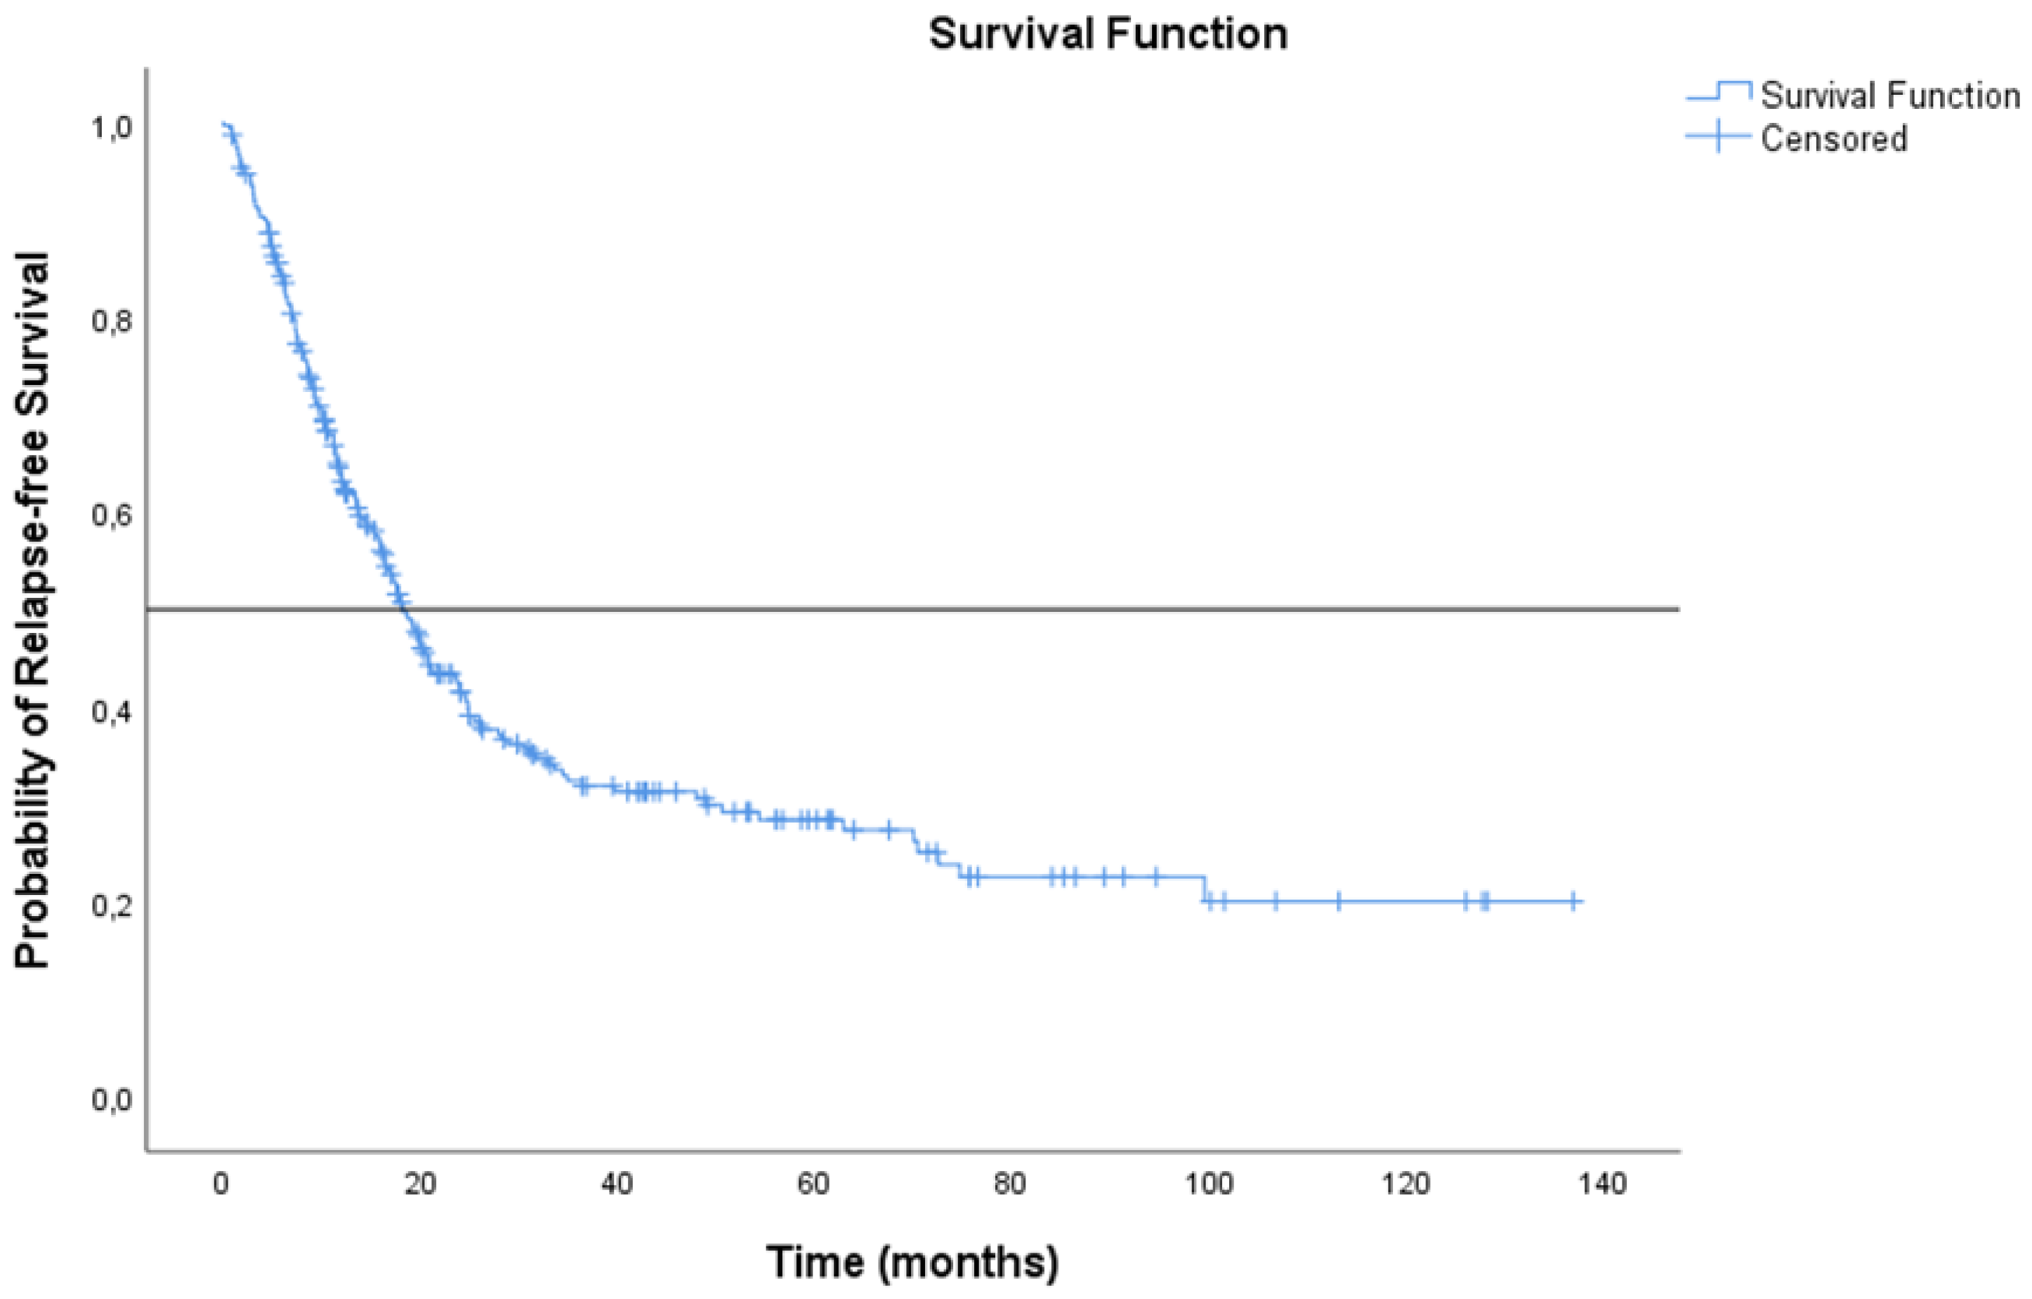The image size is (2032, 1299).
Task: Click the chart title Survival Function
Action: pyautogui.click(x=1108, y=34)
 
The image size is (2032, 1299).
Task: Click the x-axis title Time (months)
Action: pyautogui.click(x=912, y=1262)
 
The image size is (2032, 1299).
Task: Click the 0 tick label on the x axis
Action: pyautogui.click(x=221, y=1184)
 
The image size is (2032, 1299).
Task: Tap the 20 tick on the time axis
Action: pyautogui.click(x=419, y=1184)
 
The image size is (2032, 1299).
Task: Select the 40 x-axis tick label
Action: pyautogui.click(x=617, y=1184)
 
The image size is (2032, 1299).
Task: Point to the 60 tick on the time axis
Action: pyautogui.click(x=813, y=1184)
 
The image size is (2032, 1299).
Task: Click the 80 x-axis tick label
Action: pyautogui.click(x=1010, y=1184)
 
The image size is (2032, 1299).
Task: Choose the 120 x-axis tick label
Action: pyautogui.click(x=1406, y=1184)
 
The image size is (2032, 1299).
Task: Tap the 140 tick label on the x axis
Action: pyautogui.click(x=1602, y=1184)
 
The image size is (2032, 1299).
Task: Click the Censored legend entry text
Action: pyautogui.click(x=1833, y=138)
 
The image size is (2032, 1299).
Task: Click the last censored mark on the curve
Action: pyautogui.click(x=1573, y=901)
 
